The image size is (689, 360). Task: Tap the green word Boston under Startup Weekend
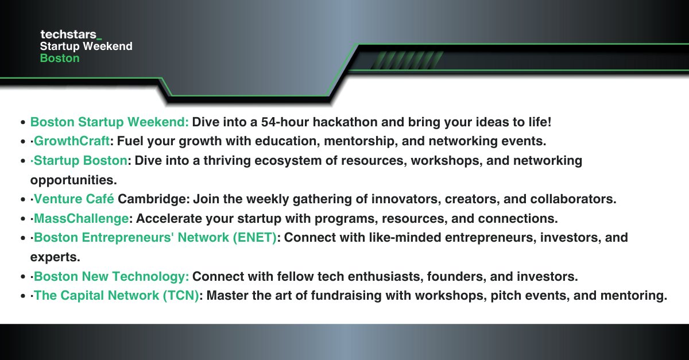[x=60, y=59]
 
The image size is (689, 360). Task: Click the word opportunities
[x=73, y=179]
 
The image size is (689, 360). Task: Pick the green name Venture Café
[x=74, y=199]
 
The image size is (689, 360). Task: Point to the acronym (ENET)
[x=255, y=237]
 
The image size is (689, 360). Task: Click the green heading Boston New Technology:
[x=111, y=276]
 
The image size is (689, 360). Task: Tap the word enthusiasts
[x=353, y=276]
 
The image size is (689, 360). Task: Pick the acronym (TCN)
[x=181, y=296]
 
